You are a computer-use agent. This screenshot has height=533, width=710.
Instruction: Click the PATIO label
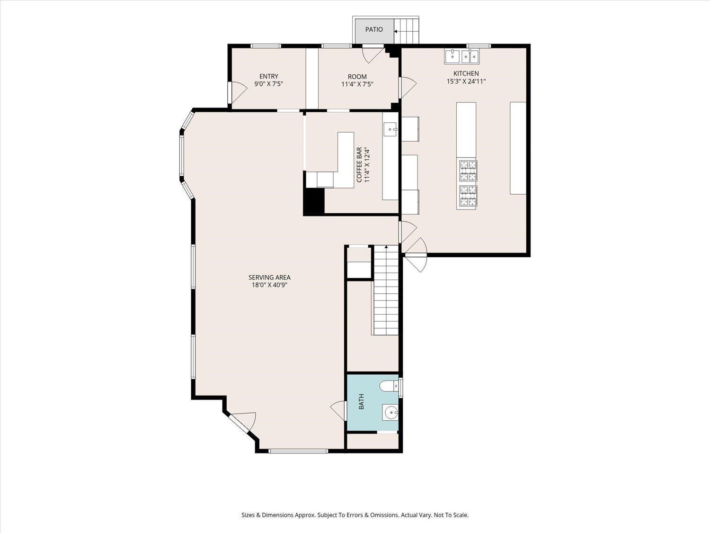click(x=374, y=29)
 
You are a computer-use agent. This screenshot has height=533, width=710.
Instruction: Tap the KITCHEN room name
click(x=466, y=73)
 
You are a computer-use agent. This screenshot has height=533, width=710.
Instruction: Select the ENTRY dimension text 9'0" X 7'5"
click(x=269, y=84)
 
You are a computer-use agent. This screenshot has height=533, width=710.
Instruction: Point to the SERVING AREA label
click(x=269, y=277)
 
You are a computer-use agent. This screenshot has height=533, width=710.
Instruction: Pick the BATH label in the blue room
click(x=361, y=401)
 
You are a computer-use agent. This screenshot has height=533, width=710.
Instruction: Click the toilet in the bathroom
click(x=389, y=386)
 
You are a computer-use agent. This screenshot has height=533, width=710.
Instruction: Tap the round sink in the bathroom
click(x=390, y=413)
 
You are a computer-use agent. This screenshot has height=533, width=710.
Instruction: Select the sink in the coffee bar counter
click(x=390, y=130)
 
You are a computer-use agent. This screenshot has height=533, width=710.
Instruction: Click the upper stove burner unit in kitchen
click(x=468, y=171)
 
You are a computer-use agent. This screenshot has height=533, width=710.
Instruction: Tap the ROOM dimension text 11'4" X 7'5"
click(x=357, y=84)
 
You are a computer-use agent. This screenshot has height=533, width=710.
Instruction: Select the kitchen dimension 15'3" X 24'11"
click(x=466, y=81)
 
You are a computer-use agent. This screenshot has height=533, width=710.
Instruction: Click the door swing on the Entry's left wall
click(x=238, y=92)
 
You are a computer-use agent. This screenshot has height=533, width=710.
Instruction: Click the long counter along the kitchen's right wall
click(x=518, y=148)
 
